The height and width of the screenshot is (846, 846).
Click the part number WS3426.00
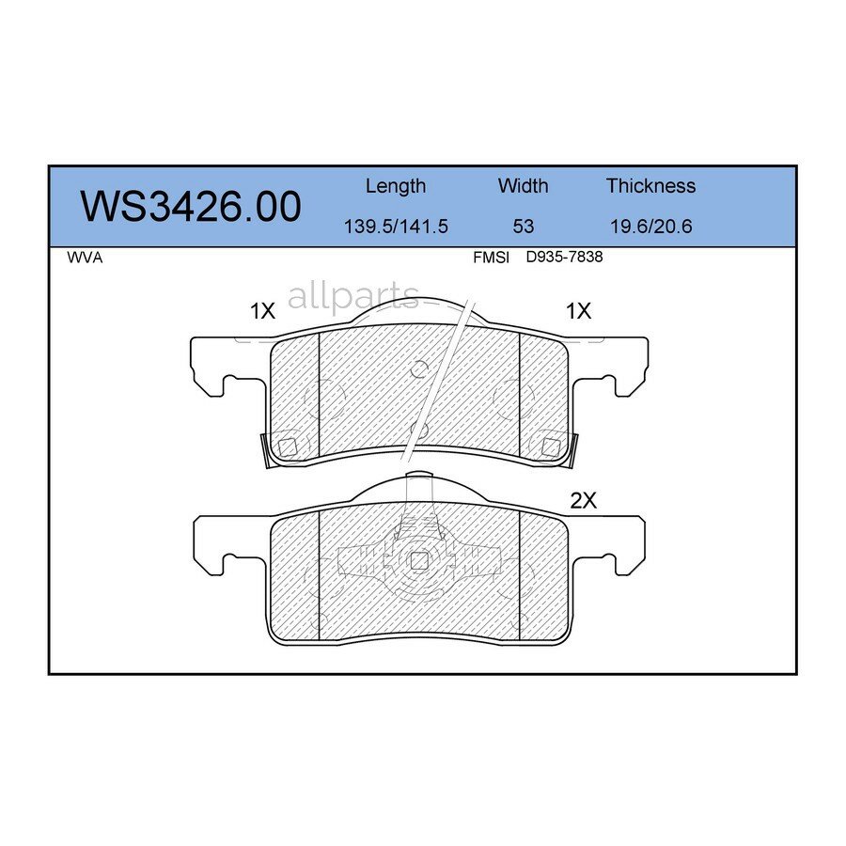191,206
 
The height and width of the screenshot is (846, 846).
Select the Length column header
395,186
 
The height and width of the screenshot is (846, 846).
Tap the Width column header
523,186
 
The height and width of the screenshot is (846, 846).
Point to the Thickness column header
650,186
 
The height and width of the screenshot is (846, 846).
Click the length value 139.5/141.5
395,227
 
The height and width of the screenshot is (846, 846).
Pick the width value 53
523,227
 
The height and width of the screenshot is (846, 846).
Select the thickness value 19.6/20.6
650,227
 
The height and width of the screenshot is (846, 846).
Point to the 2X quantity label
584,501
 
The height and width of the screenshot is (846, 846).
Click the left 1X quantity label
262,311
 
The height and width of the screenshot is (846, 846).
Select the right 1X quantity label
578,311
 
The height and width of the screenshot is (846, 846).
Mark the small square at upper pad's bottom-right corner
549,445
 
